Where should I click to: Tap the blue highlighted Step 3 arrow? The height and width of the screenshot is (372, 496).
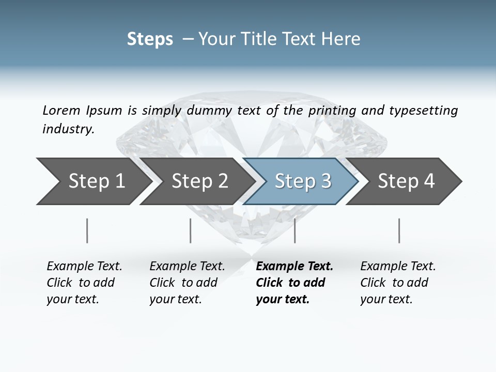click(303, 181)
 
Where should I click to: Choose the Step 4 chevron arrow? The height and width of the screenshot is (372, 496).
click(406, 181)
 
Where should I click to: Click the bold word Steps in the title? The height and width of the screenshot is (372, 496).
click(150, 39)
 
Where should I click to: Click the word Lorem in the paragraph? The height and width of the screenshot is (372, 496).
click(61, 110)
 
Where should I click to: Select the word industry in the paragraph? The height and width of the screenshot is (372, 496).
click(68, 129)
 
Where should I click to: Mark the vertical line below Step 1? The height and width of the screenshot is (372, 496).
click(87, 230)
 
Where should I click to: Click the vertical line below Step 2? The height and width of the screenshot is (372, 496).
click(191, 230)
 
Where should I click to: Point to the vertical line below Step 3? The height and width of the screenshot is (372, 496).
click(295, 230)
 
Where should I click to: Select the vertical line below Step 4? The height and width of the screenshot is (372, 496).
click(399, 230)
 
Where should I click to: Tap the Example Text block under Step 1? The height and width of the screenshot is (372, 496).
click(84, 283)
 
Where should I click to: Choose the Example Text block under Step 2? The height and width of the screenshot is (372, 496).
click(187, 283)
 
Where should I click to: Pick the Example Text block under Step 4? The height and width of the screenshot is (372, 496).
click(398, 283)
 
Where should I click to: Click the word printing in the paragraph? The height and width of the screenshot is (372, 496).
click(333, 110)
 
